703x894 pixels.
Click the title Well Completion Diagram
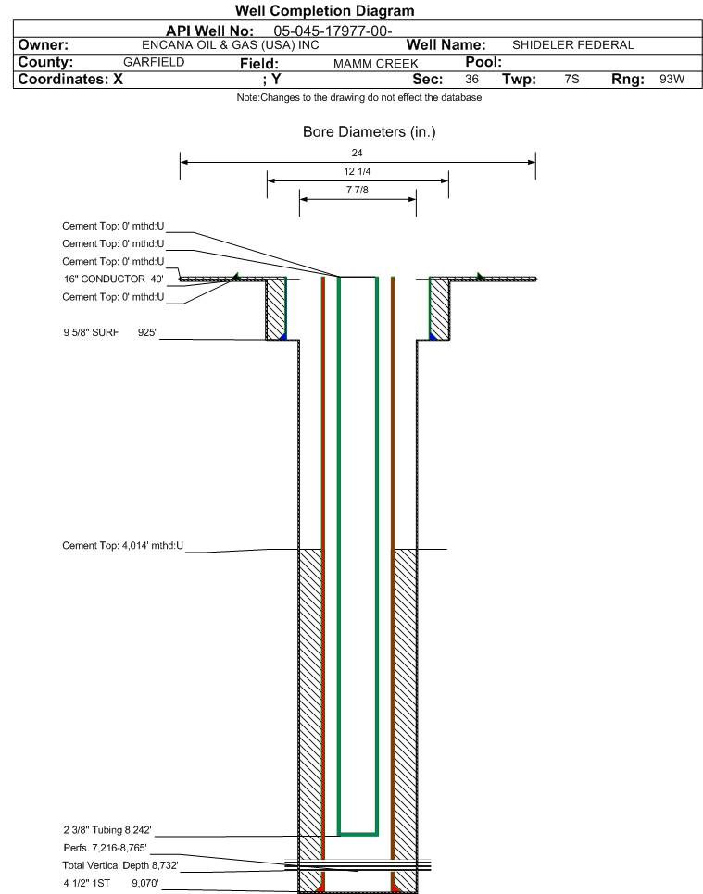click(325, 11)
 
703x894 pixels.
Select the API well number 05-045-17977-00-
click(333, 31)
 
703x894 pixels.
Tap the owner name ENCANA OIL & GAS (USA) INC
click(231, 45)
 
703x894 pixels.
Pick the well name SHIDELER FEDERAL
click(573, 45)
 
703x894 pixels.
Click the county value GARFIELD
click(154, 62)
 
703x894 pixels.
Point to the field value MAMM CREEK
click(375, 63)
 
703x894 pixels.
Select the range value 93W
click(672, 80)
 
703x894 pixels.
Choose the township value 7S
click(571, 80)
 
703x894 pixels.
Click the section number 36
click(471, 80)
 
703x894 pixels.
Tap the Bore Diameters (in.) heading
click(370, 132)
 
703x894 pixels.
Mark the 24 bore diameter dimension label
click(358, 153)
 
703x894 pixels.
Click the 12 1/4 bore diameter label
click(358, 171)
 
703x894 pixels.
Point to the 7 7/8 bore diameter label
click(358, 190)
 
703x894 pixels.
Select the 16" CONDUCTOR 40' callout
click(114, 279)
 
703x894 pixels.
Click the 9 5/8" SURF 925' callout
click(109, 332)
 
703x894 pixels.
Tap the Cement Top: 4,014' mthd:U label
click(122, 546)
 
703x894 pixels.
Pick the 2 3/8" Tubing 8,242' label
click(107, 830)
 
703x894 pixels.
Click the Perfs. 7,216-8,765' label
click(105, 848)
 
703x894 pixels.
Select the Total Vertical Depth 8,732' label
click(120, 865)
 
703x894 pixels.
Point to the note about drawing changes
click(359, 97)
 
